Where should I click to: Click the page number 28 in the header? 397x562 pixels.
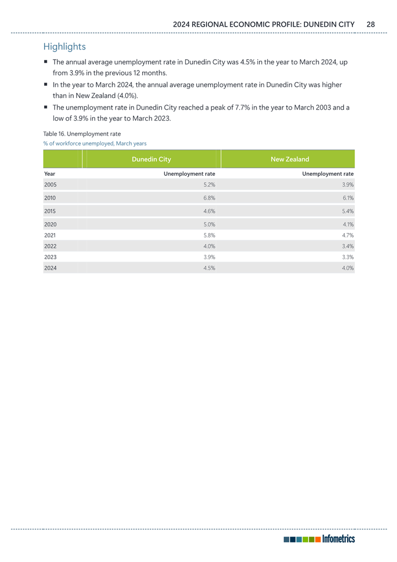tap(370, 24)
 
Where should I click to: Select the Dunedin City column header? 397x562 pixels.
tap(151, 159)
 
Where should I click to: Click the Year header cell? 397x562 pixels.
tap(49, 174)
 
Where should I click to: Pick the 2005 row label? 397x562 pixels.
tap(50, 185)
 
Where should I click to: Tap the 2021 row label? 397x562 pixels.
tap(50, 234)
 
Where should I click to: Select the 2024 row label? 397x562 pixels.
tap(50, 268)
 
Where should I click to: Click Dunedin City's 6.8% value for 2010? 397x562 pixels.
tap(209, 198)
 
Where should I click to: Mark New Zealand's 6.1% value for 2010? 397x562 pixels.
tap(348, 198)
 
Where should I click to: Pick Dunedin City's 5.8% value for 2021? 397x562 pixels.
tap(209, 234)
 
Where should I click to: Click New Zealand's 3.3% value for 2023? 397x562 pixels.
tap(348, 257)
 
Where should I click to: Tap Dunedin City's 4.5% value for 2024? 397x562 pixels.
tap(209, 268)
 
